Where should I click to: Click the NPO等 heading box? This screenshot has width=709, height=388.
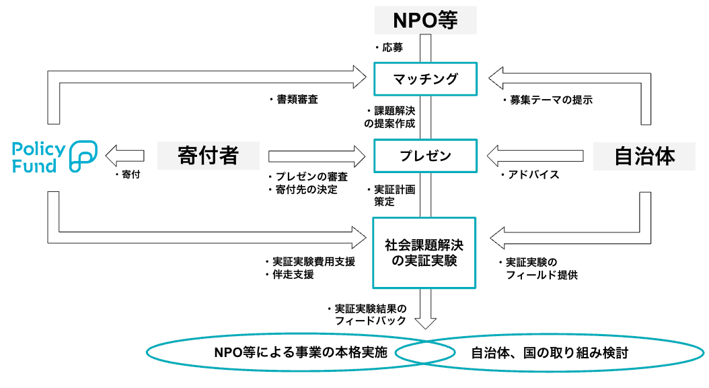[x=425, y=21]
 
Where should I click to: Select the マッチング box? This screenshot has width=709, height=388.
[x=425, y=79]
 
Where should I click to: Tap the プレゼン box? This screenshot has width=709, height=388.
[x=425, y=156]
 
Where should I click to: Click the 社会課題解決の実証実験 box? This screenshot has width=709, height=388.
[x=424, y=252]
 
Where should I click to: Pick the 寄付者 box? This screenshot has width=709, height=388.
[x=209, y=156]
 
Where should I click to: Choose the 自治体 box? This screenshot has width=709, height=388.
[x=644, y=156]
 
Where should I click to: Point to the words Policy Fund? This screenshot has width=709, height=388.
[x=38, y=158]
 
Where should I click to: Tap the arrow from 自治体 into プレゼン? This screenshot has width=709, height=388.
[x=535, y=156]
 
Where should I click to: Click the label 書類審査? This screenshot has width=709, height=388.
[x=297, y=99]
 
